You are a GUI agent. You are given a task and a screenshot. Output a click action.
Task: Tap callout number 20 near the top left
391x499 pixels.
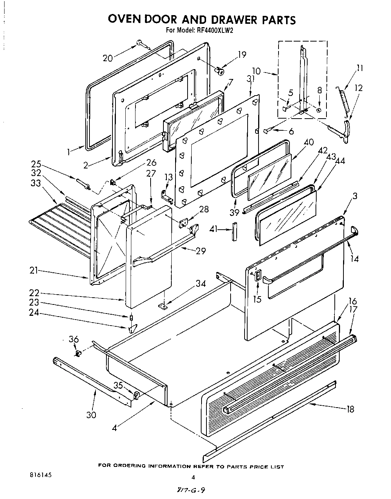click(x=108, y=58)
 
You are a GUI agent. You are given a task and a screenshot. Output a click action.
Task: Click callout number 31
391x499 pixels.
click(x=251, y=79)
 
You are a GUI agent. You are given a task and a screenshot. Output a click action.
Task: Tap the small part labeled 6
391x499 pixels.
click(x=268, y=131)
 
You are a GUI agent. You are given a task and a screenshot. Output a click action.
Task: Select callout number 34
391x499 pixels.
click(x=200, y=283)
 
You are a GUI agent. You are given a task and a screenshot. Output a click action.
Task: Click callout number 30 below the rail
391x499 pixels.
click(x=91, y=415)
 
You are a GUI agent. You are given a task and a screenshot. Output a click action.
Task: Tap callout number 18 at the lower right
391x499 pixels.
click(x=350, y=409)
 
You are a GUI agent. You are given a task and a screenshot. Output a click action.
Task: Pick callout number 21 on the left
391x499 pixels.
click(x=35, y=270)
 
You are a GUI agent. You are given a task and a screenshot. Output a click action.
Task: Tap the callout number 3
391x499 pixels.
click(x=355, y=196)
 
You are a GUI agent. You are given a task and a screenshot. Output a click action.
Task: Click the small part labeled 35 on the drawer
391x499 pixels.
click(x=136, y=395)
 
